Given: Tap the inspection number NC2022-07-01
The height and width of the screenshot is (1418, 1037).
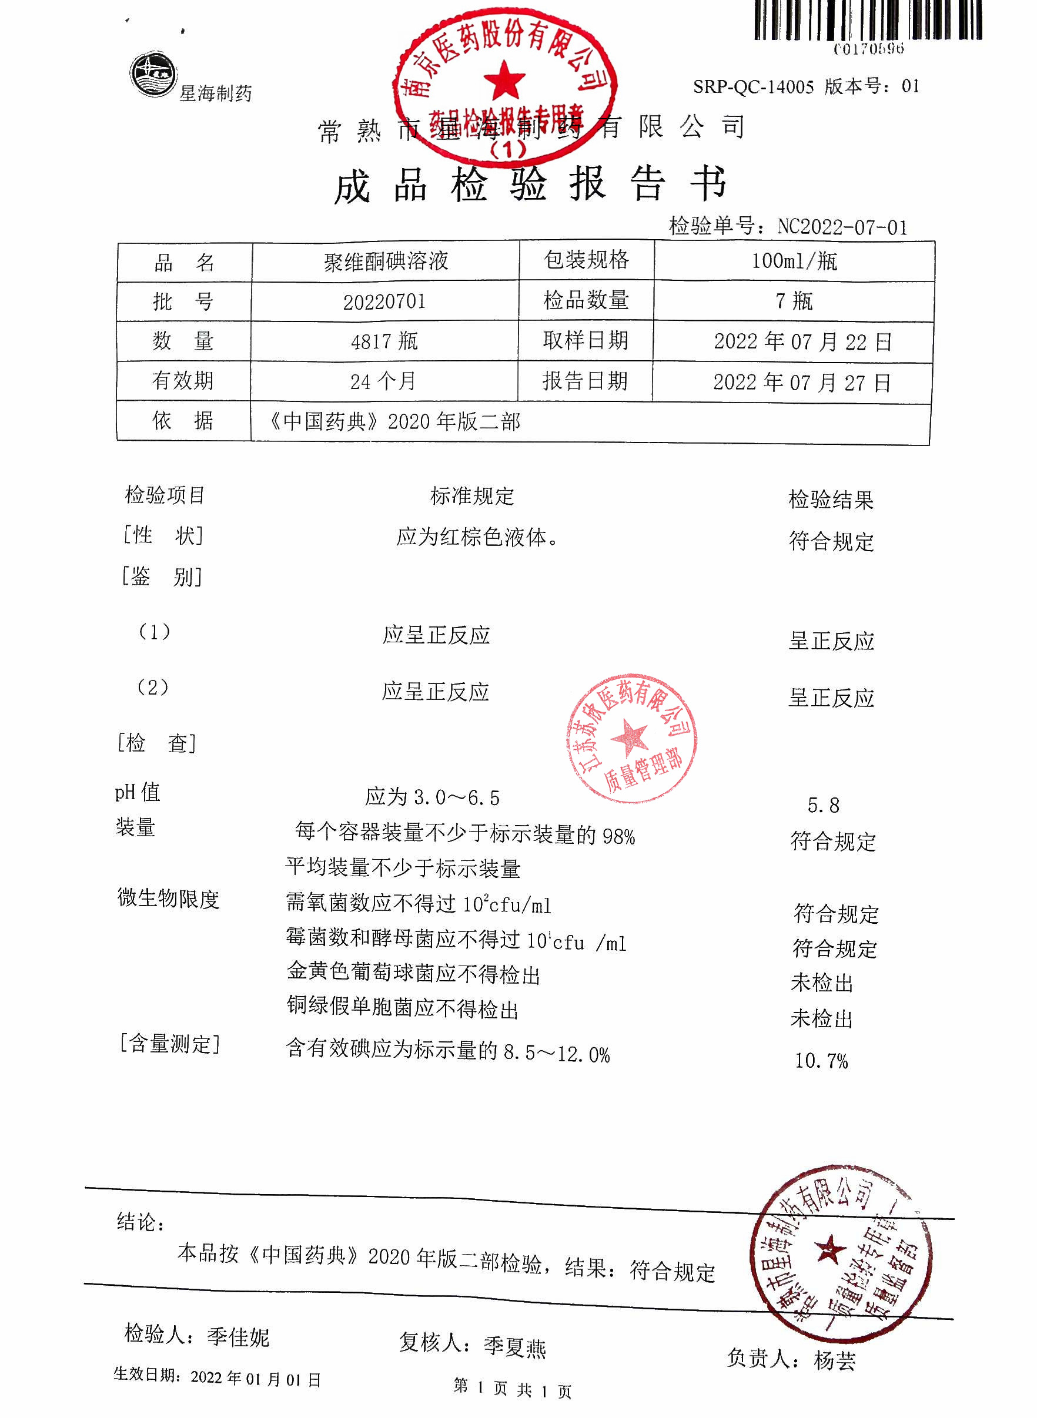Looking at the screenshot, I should click(x=842, y=226).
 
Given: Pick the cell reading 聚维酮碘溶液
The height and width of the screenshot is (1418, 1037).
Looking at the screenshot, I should click(x=386, y=261).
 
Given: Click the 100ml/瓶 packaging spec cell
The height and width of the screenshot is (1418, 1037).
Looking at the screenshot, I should click(x=794, y=261).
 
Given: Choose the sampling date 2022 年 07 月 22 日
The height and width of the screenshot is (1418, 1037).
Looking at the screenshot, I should click(x=802, y=342).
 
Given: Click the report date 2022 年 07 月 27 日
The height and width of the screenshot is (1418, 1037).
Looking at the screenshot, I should click(x=802, y=383).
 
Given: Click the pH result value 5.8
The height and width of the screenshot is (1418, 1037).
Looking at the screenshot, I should click(x=823, y=806).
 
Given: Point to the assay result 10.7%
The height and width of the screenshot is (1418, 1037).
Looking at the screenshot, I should click(x=821, y=1061).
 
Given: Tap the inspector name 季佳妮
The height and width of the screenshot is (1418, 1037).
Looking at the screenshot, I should click(x=238, y=1337).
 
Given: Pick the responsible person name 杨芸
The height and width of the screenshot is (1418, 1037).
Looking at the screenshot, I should click(x=835, y=1360).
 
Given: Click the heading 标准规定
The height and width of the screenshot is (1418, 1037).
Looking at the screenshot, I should click(x=472, y=497).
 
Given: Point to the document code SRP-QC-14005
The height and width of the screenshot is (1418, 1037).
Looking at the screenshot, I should click(x=753, y=87).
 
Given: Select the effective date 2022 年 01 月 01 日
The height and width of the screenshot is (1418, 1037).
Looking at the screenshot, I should click(x=256, y=1379).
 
